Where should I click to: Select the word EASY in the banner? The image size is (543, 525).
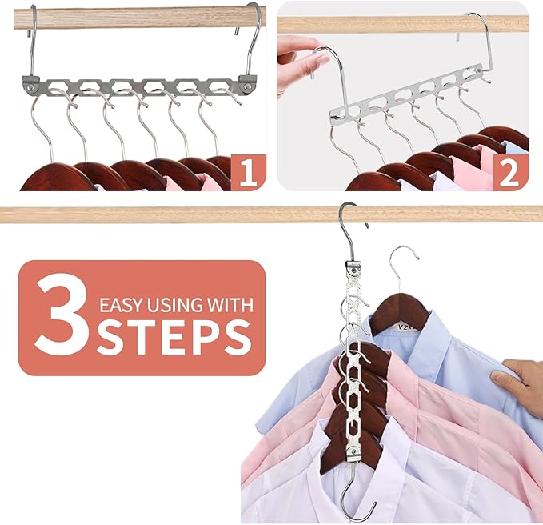123,304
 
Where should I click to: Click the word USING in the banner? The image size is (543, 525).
177,304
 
